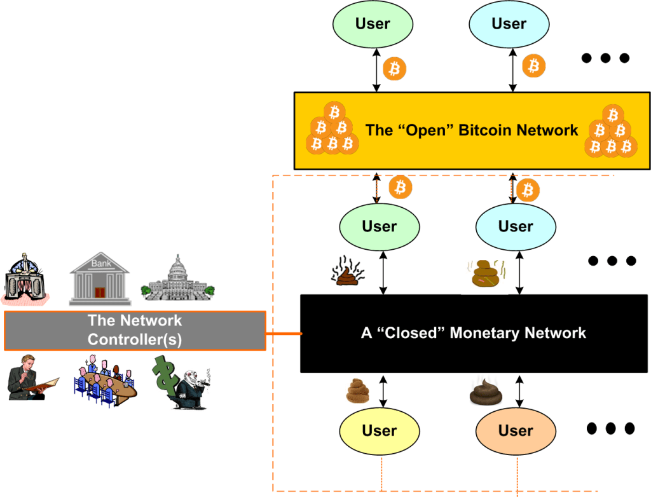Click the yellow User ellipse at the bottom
click(379, 430)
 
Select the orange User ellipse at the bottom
click(515, 430)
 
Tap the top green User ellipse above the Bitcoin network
click(373, 24)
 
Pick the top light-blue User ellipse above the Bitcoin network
click(509, 24)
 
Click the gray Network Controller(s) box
click(135, 330)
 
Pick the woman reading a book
click(29, 378)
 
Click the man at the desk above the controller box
click(25, 276)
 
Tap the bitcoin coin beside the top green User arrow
click(395, 68)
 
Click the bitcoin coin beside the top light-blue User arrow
click(533, 65)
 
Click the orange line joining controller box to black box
click(283, 332)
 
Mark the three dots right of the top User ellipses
click(605, 58)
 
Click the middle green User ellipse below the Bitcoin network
click(380, 226)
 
